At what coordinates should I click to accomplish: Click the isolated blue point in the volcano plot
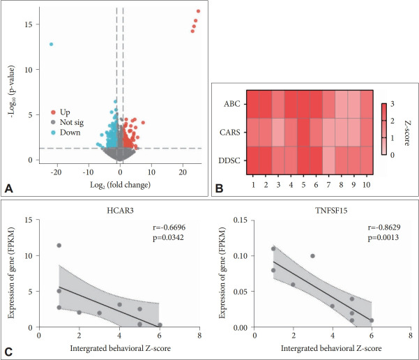pos(51,44)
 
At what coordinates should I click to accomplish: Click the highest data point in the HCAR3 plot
pos(59,246)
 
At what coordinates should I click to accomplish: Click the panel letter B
pos(221,186)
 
